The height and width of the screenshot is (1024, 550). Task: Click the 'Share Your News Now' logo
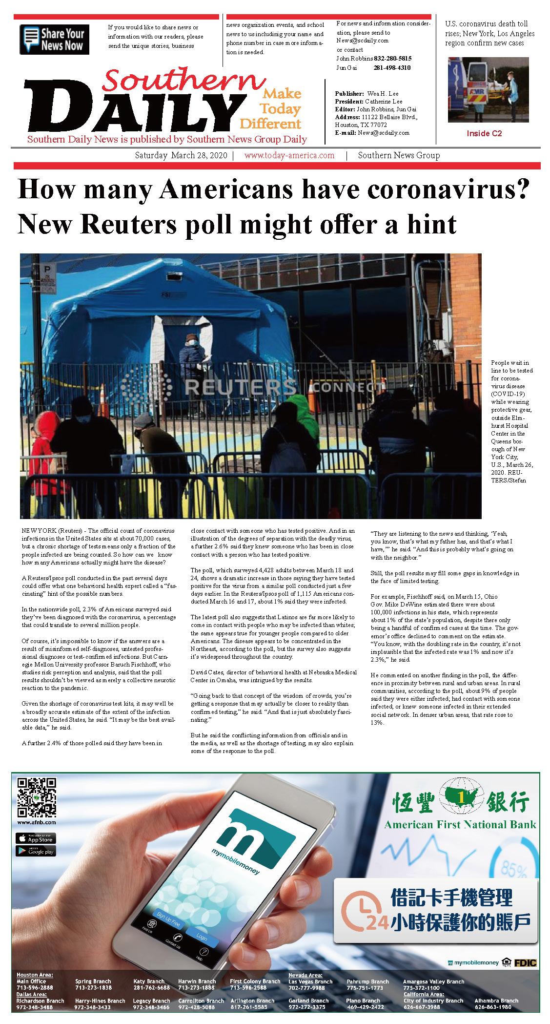tap(54, 40)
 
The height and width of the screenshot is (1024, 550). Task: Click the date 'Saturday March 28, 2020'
tap(181, 155)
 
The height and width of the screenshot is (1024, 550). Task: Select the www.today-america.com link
tap(289, 155)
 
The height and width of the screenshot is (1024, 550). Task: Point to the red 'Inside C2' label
tap(484, 133)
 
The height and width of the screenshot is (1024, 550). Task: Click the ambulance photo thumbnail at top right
tap(488, 90)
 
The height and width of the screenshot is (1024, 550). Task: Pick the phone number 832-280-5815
tap(392, 58)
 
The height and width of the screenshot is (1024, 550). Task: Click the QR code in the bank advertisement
tap(37, 797)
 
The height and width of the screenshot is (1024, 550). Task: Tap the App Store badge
tap(36, 838)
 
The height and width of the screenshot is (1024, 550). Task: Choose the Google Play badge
tap(36, 851)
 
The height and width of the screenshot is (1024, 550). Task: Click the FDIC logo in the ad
tap(525, 962)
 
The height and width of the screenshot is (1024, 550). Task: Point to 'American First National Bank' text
tap(460, 825)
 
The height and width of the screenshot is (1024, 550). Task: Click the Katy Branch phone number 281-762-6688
tap(151, 987)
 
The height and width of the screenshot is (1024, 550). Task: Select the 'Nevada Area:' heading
tap(305, 975)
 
